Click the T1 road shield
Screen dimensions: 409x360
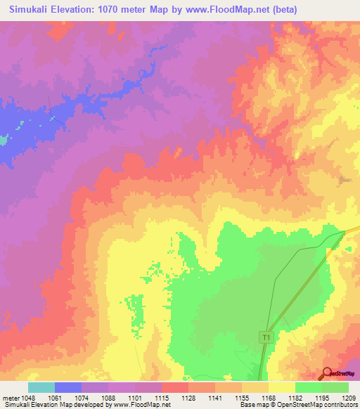266,338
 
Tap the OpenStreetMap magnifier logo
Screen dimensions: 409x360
328,372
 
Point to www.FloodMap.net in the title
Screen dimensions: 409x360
216,10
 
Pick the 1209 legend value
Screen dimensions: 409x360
349,398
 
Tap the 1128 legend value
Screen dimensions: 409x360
189,398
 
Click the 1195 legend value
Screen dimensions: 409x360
323,398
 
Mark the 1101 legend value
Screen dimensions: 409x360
135,398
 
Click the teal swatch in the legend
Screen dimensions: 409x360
41,387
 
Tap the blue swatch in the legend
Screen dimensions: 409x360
68,387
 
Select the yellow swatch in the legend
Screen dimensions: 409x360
282,387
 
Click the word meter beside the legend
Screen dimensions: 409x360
10,398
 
